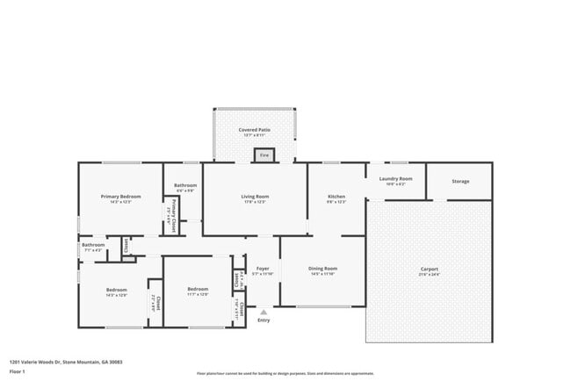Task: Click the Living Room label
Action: (x=255, y=197)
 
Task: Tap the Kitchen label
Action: (x=336, y=197)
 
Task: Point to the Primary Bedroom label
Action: (x=120, y=197)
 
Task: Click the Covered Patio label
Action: (x=255, y=130)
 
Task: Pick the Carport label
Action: (x=429, y=270)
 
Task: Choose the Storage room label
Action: (x=460, y=182)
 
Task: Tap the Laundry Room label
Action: (x=394, y=179)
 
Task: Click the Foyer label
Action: (x=263, y=268)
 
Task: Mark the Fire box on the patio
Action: (x=264, y=155)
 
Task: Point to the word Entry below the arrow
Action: (x=264, y=320)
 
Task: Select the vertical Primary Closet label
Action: (x=174, y=212)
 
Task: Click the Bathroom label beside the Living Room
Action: (x=185, y=185)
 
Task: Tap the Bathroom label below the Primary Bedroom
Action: (x=92, y=245)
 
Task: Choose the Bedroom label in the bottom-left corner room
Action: (x=117, y=290)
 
